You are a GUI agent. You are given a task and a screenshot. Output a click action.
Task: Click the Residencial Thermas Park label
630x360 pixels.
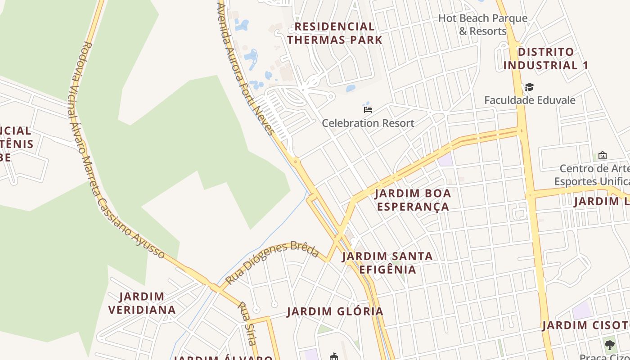coord(335,33)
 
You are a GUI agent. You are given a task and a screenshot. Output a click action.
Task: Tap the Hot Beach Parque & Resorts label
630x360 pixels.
coord(483,25)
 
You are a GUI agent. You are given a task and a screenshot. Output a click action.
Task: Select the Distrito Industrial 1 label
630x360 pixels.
coord(546,58)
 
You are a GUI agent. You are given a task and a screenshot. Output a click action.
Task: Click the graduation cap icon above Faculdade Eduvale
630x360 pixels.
coord(529,87)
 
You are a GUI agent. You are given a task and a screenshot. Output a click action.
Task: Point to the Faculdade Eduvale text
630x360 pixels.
coord(530,100)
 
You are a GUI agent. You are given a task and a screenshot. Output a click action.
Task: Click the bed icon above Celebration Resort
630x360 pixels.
coord(368,109)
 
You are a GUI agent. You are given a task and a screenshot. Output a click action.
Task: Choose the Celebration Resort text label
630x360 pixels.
coord(368,123)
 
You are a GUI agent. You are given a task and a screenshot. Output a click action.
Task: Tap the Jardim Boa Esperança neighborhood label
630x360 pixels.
coord(413,200)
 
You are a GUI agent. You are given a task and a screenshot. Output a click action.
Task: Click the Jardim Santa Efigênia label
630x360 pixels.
coord(387,263)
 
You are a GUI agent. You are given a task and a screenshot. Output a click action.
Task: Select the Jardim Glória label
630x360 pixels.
coord(335,311)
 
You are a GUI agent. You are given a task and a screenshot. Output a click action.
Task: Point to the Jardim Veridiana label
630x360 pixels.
coord(142,303)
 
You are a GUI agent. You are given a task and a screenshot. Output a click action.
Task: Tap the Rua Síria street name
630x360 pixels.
coord(247,323)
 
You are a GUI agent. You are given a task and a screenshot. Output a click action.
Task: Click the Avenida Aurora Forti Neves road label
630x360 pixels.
coord(245,67)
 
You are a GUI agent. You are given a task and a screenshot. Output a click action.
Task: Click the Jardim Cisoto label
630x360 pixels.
coord(585,325)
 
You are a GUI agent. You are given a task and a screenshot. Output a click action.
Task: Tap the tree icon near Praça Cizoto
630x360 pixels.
coord(610,345)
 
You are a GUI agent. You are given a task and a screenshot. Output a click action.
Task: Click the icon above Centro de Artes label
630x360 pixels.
coord(602,155)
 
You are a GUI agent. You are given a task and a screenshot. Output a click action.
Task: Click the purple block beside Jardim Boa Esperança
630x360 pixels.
coord(445,159)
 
